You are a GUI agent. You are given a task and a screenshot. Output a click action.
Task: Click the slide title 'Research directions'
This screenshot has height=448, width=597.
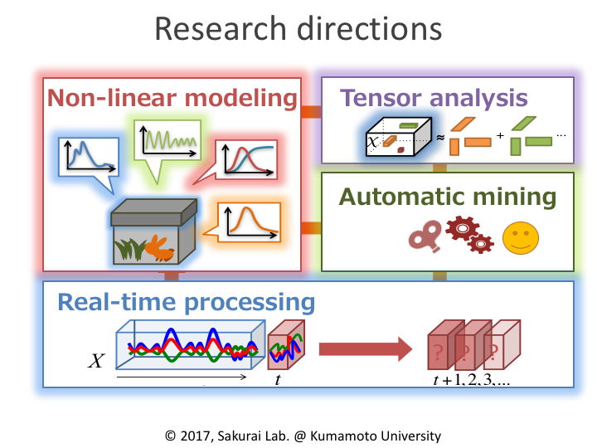click(298, 30)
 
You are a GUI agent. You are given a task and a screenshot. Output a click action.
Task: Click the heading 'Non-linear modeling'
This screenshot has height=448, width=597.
click(172, 98)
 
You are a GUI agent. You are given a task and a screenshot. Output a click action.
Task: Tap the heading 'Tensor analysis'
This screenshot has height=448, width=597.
click(434, 97)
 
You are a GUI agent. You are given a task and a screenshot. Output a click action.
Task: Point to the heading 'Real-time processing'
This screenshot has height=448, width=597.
click(186, 300)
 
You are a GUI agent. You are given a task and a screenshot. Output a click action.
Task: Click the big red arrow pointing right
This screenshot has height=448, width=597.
click(366, 348)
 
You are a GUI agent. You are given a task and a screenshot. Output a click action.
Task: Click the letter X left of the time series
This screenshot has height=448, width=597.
click(97, 361)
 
